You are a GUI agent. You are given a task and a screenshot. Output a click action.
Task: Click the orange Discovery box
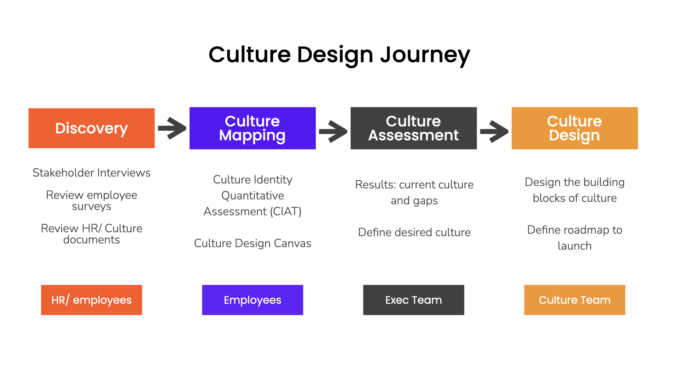click(x=91, y=128)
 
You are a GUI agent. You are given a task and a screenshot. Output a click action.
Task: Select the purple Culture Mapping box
click(x=252, y=128)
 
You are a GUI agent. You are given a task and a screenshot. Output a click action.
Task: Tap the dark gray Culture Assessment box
click(x=413, y=128)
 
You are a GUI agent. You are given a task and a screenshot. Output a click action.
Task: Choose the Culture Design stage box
click(x=574, y=128)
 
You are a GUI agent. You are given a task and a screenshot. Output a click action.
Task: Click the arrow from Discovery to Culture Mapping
click(x=172, y=128)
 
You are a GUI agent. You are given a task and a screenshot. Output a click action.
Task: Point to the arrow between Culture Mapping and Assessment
click(x=333, y=131)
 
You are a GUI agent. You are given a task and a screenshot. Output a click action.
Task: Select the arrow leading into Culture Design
click(x=494, y=131)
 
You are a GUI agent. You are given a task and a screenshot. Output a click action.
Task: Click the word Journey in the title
click(x=425, y=55)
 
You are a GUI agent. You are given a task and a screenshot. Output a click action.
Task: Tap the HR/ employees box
click(x=91, y=300)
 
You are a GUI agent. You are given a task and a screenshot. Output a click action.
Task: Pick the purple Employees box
click(x=252, y=300)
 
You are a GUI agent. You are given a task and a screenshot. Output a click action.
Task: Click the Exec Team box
click(x=413, y=300)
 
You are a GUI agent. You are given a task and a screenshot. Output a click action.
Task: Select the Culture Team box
click(x=574, y=300)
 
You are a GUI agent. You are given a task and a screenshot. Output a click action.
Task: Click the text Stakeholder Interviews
click(x=91, y=173)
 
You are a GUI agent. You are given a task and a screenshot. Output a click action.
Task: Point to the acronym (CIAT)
click(x=286, y=212)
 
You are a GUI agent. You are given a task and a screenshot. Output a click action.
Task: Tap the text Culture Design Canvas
click(x=252, y=243)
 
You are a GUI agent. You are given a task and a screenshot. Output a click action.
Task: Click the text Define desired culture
click(x=414, y=232)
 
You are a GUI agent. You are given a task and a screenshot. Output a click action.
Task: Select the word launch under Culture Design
click(x=574, y=246)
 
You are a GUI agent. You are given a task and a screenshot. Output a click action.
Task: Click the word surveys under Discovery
click(x=91, y=207)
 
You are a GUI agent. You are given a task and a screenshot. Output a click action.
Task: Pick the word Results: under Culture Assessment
click(x=375, y=185)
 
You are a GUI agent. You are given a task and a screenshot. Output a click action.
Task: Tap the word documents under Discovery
click(x=91, y=240)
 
